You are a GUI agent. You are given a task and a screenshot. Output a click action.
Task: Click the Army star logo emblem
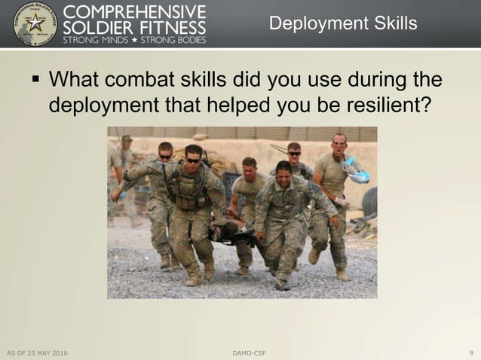pyautogui.click(x=35, y=23)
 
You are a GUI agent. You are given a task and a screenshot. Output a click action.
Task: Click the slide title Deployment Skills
pyautogui.click(x=342, y=24)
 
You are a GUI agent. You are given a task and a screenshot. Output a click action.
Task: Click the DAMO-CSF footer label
pyautogui.click(x=249, y=352)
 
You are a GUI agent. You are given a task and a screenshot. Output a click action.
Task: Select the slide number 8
pyautogui.click(x=471, y=352)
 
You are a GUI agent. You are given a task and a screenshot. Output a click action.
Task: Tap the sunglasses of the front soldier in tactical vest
pyautogui.click(x=193, y=160)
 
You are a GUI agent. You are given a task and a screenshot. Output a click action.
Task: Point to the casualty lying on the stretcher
pyautogui.click(x=230, y=230)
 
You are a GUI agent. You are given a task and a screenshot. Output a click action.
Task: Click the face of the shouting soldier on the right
pyautogui.click(x=340, y=144)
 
